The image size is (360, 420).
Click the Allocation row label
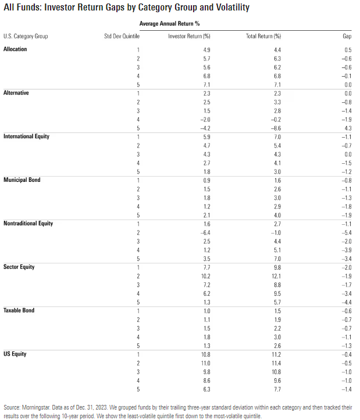[15, 49]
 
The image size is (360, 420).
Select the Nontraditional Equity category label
[28, 224]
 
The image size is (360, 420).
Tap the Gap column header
[347, 36]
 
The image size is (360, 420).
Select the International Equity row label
[26, 137]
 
